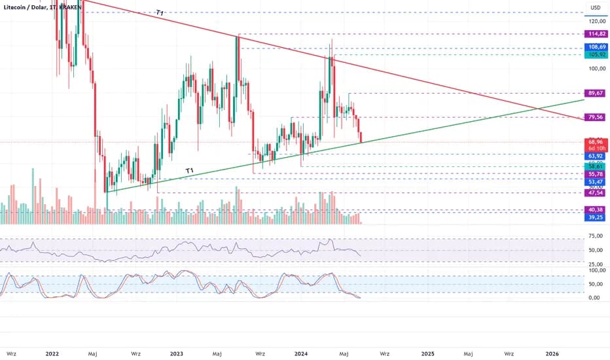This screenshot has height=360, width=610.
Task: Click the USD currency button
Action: [595, 8]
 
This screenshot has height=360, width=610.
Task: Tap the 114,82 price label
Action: [595, 34]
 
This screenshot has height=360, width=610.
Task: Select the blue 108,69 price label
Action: [595, 47]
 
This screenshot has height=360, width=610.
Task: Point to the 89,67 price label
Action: [595, 94]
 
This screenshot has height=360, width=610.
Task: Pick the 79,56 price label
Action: [595, 117]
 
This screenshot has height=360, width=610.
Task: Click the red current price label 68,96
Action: [595, 141]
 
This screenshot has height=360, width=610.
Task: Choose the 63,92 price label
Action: [595, 156]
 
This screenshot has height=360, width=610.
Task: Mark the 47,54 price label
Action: [595, 193]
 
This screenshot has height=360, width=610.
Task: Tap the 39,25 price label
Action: [595, 217]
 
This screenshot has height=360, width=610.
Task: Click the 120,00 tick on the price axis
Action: [595, 21]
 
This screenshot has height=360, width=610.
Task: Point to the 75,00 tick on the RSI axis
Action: [595, 236]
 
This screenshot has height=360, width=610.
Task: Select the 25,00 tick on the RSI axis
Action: [595, 264]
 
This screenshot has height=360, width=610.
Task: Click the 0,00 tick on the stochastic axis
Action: [595, 298]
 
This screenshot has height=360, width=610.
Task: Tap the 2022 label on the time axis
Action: [53, 353]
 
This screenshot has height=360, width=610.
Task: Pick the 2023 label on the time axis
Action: [176, 353]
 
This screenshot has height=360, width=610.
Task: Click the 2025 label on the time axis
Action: [427, 353]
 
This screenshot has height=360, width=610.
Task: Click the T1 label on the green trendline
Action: [190, 171]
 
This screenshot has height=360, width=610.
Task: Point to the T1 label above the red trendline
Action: [160, 13]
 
